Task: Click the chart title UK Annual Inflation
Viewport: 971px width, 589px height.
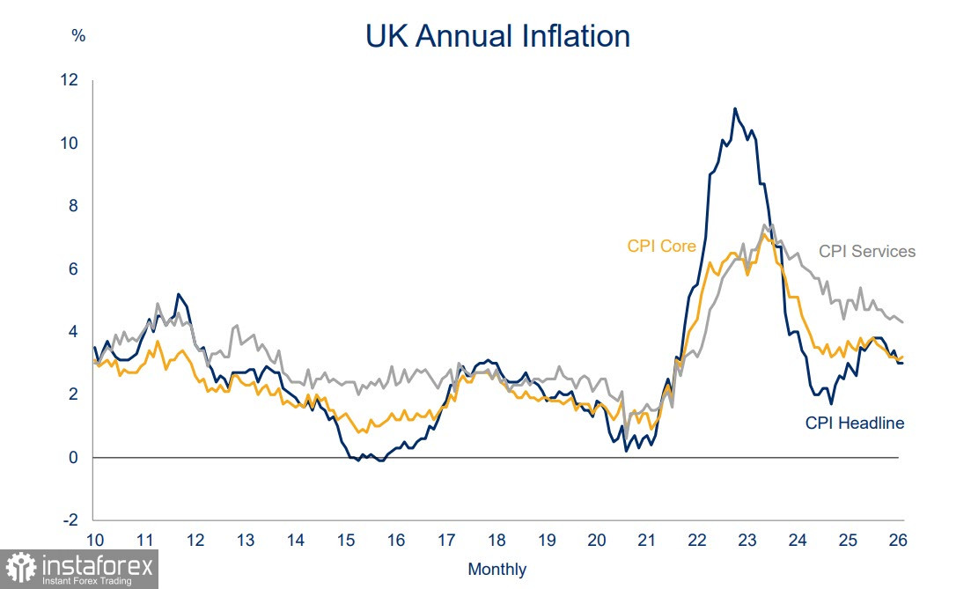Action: pos(497,36)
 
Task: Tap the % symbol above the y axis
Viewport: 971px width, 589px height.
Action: pos(78,36)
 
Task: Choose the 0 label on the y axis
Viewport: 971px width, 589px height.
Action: pos(74,457)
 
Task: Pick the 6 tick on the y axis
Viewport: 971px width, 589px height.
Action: pos(74,269)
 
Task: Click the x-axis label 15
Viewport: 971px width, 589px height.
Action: pos(345,540)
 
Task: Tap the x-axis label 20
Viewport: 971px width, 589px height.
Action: pos(596,540)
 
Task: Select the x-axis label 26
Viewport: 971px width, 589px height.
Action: pos(898,540)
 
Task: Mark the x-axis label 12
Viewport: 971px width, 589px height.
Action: pos(195,540)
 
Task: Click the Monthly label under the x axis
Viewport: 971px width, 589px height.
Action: pos(497,569)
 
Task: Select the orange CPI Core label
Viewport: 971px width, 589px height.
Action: pos(661,246)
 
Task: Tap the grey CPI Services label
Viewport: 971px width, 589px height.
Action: pos(867,251)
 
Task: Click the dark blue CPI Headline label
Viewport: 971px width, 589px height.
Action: pos(855,423)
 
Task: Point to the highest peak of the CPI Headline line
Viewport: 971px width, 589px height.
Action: pos(734,109)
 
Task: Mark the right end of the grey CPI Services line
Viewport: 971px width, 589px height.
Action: pos(902,321)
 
